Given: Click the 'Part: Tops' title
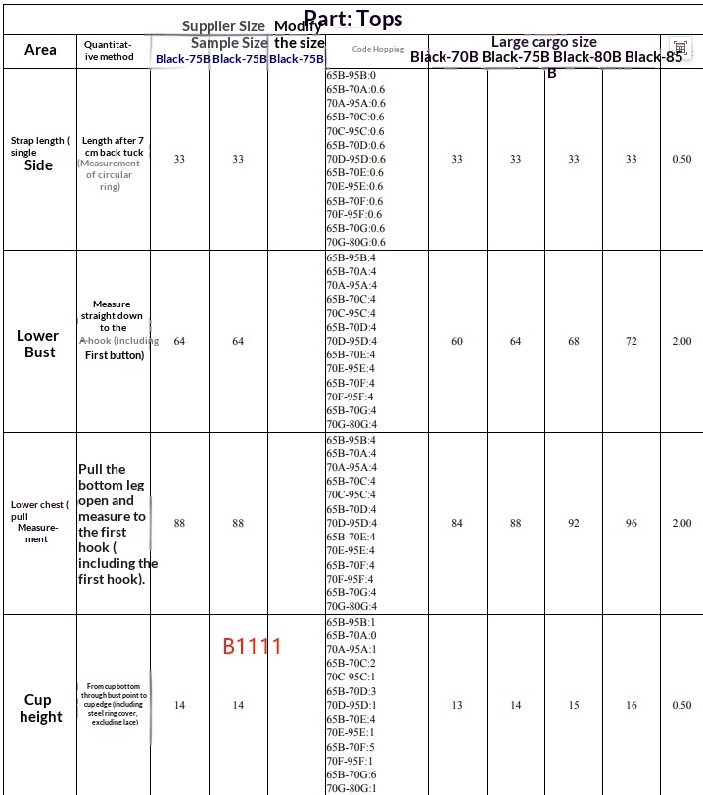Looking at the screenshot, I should [353, 19].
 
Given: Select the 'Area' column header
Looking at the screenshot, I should [40, 50].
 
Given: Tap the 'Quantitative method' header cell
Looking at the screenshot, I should [109, 50].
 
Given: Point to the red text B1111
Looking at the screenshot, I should [252, 647].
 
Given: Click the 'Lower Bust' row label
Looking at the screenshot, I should [38, 343].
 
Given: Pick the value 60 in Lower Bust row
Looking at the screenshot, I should [456, 341].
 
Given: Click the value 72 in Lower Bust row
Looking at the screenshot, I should [631, 341].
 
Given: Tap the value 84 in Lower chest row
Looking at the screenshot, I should [456, 523].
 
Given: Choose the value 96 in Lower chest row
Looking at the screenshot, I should [631, 523].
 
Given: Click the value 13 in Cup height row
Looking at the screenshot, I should [456, 705].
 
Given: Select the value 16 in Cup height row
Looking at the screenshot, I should [631, 705].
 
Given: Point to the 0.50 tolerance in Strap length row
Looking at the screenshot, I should [680, 159].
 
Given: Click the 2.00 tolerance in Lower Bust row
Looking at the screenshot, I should [680, 341].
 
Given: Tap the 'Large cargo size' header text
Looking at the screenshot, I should [543, 42].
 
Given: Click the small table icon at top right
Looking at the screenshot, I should [680, 48].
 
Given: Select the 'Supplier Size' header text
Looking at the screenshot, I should [223, 26].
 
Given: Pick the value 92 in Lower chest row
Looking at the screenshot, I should [573, 523].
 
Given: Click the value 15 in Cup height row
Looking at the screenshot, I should [573, 705].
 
